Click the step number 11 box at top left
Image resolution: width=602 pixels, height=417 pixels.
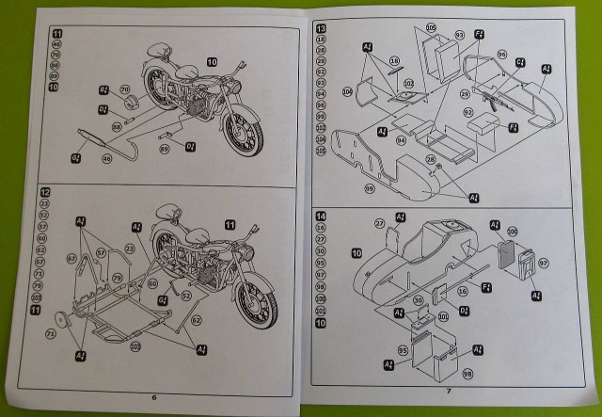coord(43,33)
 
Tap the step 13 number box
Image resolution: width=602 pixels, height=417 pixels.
coord(321,28)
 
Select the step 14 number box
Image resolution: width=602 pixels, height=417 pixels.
coord(321,217)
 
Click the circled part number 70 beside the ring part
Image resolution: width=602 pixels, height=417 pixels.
coord(124,90)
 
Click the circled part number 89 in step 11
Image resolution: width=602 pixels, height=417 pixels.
coord(164,148)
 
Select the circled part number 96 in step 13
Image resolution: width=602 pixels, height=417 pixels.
coord(501,53)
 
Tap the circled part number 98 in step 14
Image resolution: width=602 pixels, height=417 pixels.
coord(467,375)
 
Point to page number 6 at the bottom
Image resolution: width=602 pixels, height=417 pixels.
coord(154,396)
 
